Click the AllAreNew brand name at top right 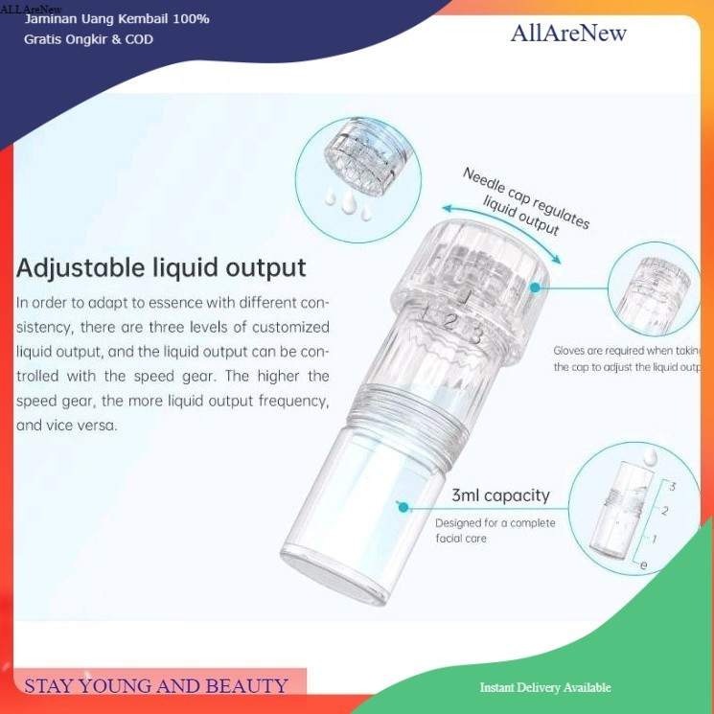click(568, 34)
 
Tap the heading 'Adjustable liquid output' click(161, 267)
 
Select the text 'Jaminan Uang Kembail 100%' click(117, 18)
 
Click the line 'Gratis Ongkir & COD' click(88, 39)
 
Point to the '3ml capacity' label click(500, 495)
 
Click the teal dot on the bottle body click(403, 507)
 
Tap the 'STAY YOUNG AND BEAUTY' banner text click(155, 685)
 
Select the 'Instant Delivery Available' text click(545, 687)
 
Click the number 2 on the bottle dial click(448, 323)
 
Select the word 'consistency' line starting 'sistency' click(173, 327)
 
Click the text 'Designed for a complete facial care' click(495, 530)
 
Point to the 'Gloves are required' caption click(628, 358)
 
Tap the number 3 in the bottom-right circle click(673, 487)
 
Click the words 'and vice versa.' click(67, 426)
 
